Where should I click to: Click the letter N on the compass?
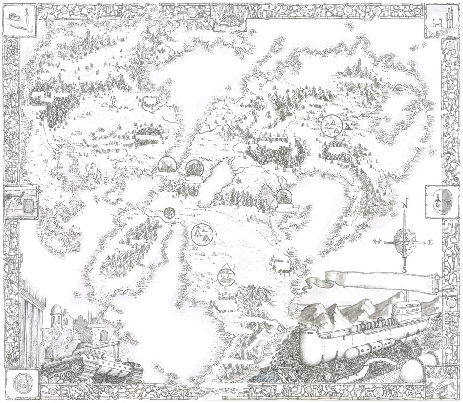tap(404, 205)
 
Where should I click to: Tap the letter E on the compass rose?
tap(430, 242)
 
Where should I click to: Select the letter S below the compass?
tap(404, 270)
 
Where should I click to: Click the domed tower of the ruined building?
tap(56, 315)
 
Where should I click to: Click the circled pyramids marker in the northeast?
tap(333, 126)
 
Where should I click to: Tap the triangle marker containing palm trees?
tap(226, 275)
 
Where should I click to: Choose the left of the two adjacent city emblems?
tap(167, 165)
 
